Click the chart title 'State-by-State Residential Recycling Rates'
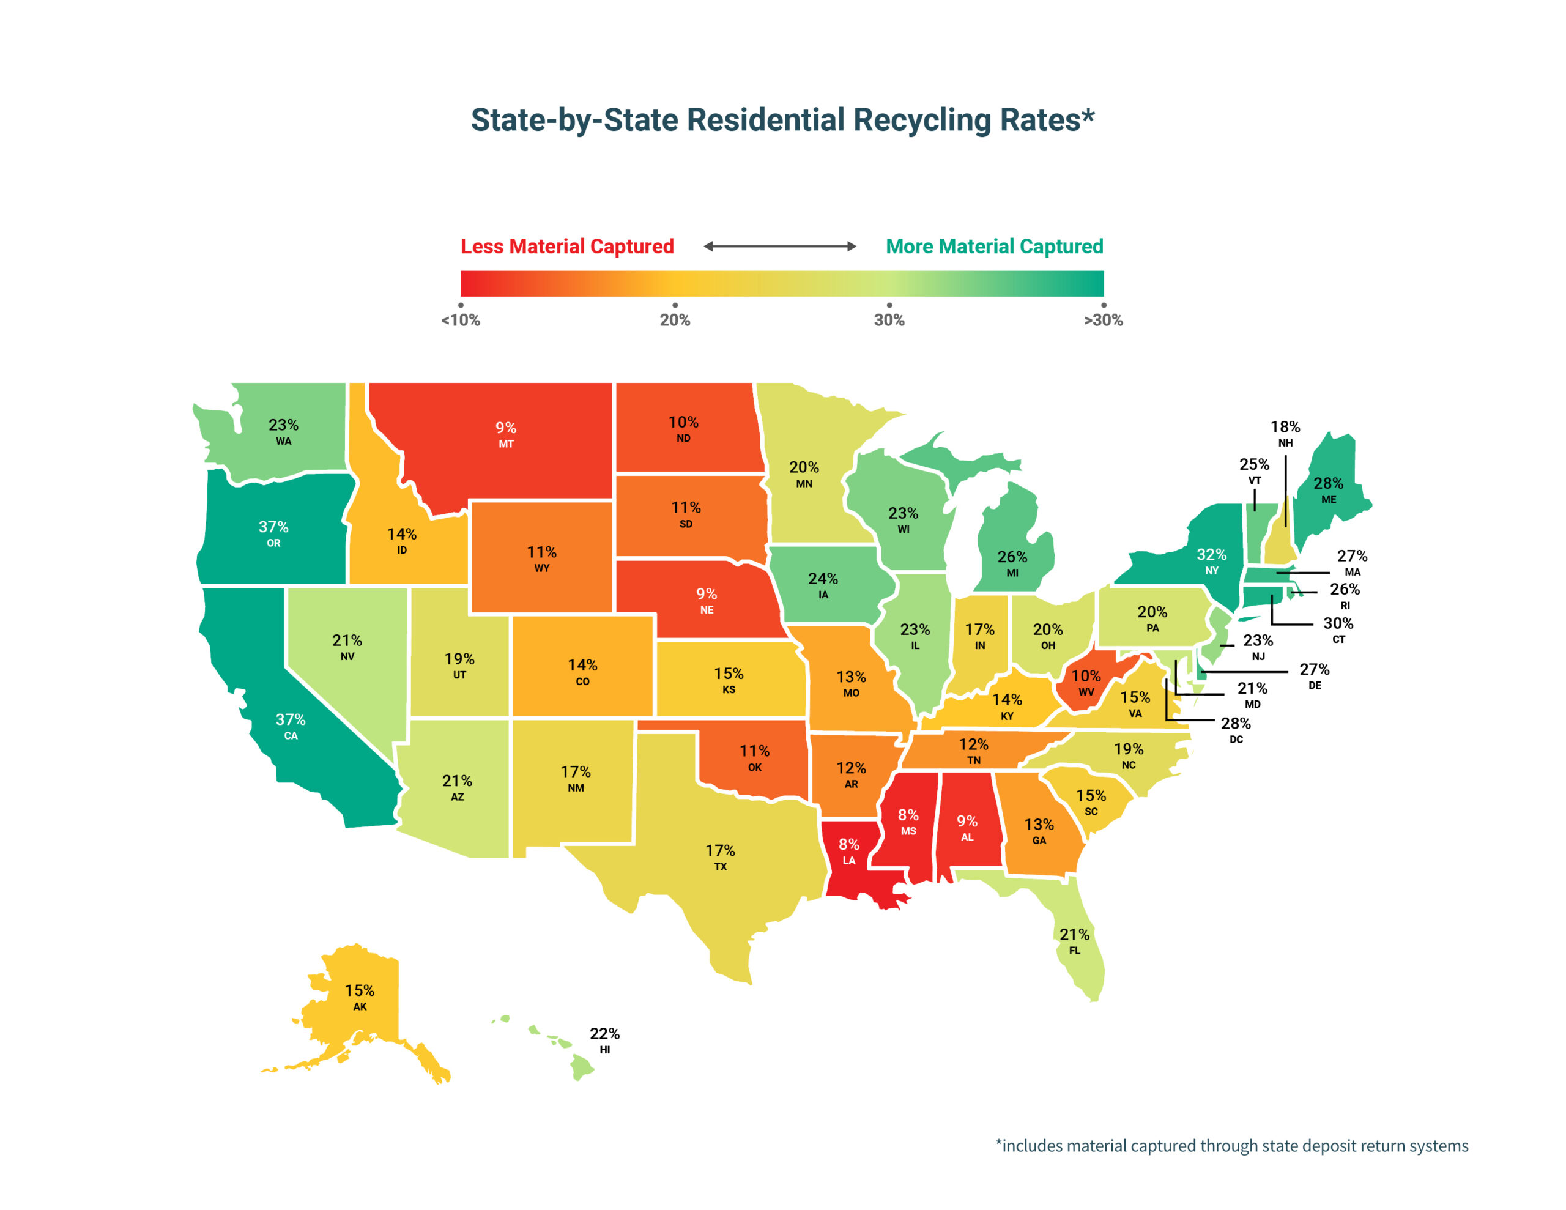[782, 120]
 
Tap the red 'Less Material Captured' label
[566, 246]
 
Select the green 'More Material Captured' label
[994, 246]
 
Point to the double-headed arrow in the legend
[779, 246]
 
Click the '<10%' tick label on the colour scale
[461, 320]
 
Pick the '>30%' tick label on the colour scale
[1103, 320]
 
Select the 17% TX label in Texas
[720, 856]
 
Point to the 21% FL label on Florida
[1074, 940]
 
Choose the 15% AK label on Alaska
[359, 997]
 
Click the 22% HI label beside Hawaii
[604, 1039]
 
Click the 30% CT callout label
[1338, 629]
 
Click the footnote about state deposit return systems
[1231, 1145]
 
